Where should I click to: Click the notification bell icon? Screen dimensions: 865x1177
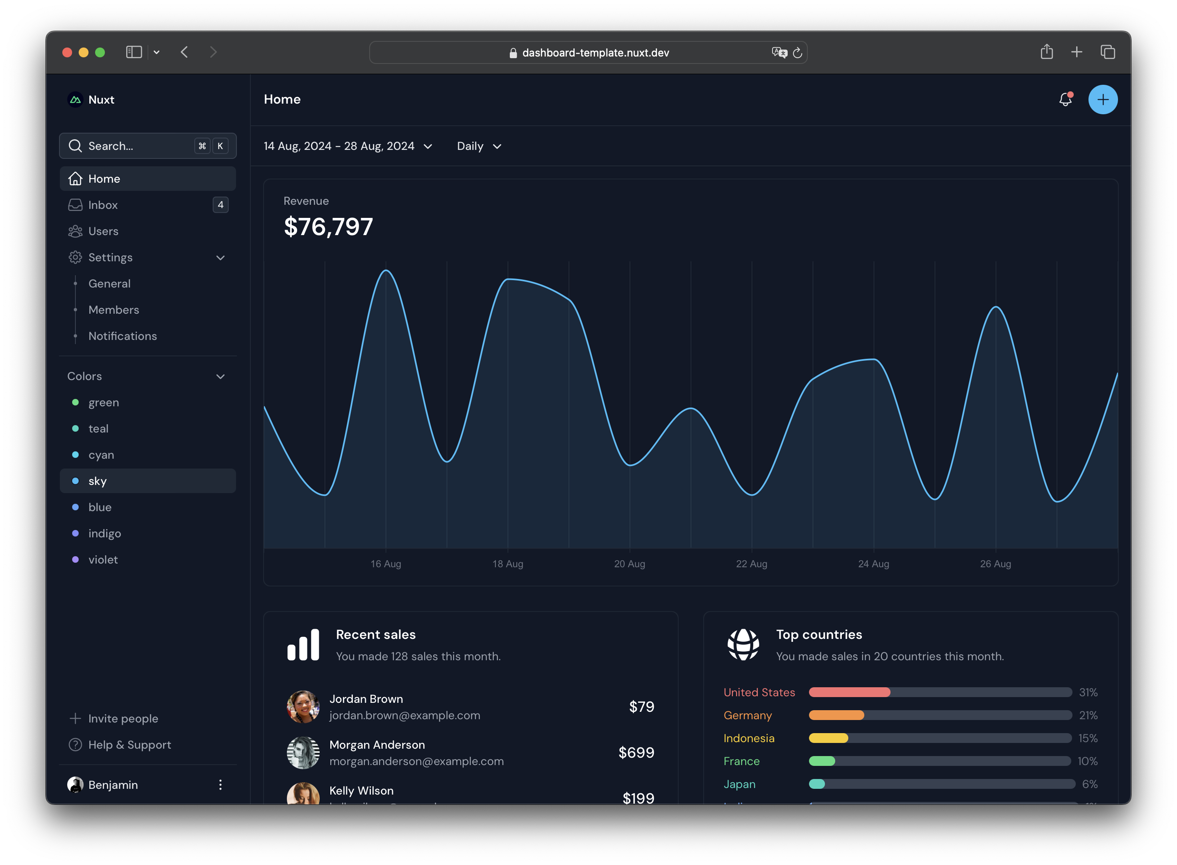[x=1065, y=100]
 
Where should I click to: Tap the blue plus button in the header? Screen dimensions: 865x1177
[x=1103, y=100]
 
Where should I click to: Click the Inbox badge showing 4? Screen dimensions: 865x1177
[x=220, y=205]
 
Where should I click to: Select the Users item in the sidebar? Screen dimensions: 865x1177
[x=103, y=231]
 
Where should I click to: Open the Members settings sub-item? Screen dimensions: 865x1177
[x=114, y=310]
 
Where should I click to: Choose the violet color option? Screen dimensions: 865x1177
[x=103, y=559]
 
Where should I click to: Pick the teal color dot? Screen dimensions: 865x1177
[x=75, y=428]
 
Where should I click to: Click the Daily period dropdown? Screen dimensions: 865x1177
[x=479, y=146]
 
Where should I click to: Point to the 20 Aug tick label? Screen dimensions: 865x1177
[x=629, y=564]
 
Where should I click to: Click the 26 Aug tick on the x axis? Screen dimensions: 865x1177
[x=995, y=564]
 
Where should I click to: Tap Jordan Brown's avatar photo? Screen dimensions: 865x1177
[x=303, y=706]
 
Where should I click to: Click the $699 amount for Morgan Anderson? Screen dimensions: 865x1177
[x=636, y=752]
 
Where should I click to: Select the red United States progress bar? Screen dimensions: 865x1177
[x=849, y=692]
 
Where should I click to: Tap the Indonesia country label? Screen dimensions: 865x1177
[x=748, y=738]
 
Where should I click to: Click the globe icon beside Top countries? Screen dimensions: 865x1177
[x=743, y=645]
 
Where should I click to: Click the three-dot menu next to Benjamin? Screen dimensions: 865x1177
[x=220, y=784]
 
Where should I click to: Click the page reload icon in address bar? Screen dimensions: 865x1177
[x=797, y=53]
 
